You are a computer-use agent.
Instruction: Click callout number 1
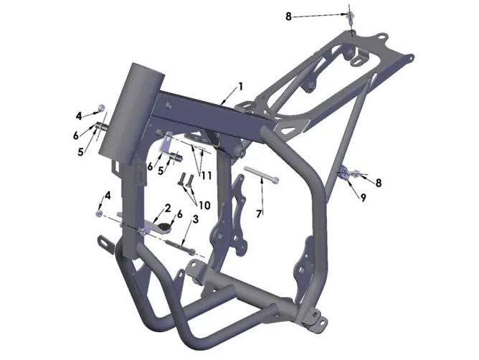point(241,87)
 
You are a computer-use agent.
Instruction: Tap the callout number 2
point(168,209)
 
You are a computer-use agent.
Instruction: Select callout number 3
point(195,219)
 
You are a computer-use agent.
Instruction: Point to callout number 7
point(259,214)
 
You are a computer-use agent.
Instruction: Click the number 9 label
point(363,198)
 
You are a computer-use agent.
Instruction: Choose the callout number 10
point(204,205)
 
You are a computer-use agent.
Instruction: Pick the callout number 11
point(206,176)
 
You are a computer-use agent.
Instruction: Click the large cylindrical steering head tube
point(131,110)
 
